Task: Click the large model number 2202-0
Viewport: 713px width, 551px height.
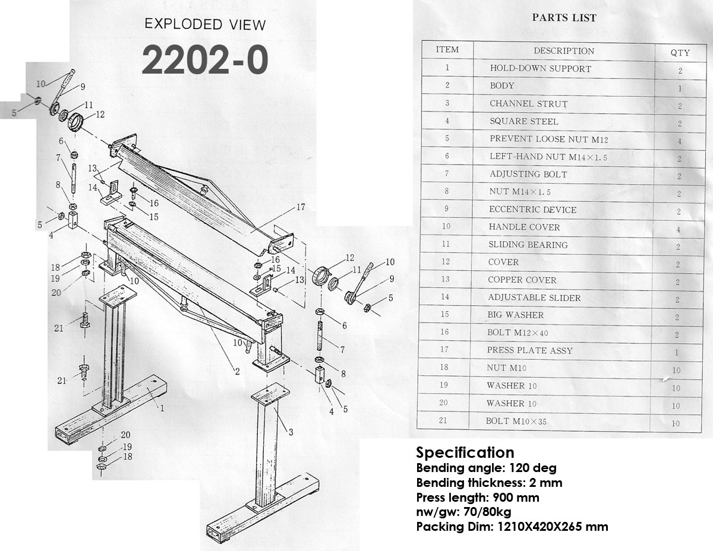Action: coord(205,61)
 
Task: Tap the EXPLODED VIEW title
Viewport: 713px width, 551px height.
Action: coord(205,24)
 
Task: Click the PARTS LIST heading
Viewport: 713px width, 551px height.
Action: coord(564,17)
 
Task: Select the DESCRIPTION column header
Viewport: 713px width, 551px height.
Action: coord(564,51)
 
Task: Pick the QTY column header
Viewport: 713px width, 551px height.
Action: coord(680,52)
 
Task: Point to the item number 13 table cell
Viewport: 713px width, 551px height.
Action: coord(445,279)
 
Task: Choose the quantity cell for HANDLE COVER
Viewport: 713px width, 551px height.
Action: coord(678,229)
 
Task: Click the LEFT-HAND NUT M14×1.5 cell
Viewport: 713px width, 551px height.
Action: coord(548,157)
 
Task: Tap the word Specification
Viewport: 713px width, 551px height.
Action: coord(465,452)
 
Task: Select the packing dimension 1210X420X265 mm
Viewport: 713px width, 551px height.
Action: coord(553,527)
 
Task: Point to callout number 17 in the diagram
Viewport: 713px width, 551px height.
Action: coord(301,207)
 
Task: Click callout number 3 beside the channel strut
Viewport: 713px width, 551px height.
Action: coord(291,432)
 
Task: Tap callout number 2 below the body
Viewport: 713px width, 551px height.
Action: coord(237,371)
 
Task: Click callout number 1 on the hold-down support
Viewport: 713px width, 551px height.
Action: coord(162,408)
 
